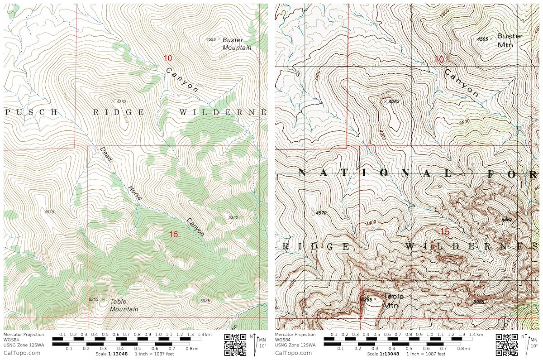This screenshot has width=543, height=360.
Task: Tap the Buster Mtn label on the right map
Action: [510, 40]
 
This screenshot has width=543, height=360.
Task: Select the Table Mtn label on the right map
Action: [393, 300]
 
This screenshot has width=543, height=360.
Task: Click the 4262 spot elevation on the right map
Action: [394, 101]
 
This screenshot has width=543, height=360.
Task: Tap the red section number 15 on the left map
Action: [173, 234]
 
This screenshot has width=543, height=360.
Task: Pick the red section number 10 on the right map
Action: [439, 59]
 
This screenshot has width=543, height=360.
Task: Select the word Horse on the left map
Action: [134, 192]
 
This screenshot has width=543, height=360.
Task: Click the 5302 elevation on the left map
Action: [233, 218]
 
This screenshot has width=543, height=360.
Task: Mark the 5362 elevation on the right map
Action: [506, 220]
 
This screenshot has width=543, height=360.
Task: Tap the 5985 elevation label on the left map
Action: [205, 300]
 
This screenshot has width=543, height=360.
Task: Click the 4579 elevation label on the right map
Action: [321, 212]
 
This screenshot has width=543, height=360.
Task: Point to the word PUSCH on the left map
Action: [32, 112]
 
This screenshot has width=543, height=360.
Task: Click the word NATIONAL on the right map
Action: [376, 173]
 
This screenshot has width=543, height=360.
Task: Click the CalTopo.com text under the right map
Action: [293, 353]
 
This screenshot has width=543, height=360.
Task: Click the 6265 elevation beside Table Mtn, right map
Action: [366, 299]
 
